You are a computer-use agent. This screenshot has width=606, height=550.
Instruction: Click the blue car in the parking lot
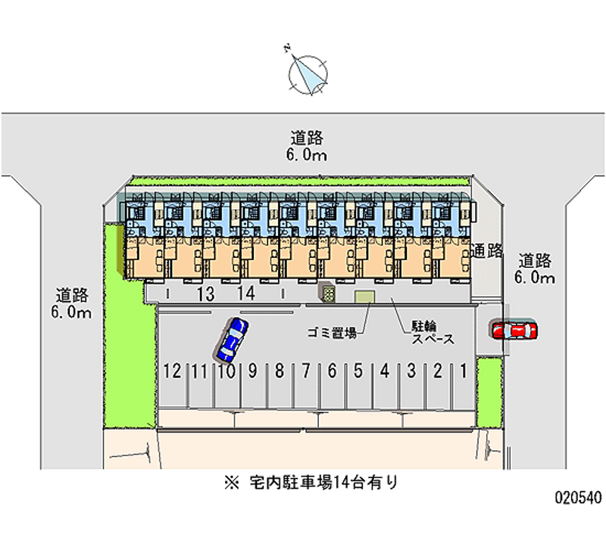coord(232,338)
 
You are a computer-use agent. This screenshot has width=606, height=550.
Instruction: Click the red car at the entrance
coord(514,331)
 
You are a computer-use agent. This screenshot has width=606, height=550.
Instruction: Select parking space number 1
coord(464,371)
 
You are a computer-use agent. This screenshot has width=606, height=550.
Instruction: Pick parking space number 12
coord(173,371)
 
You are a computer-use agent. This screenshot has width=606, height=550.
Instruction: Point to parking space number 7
coord(306,371)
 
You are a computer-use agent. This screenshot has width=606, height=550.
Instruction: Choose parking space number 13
coord(205,294)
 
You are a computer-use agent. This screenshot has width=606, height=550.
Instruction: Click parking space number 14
coord(246,294)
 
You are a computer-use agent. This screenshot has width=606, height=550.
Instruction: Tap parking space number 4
coord(385,371)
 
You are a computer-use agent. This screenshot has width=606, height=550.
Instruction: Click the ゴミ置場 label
coord(333,333)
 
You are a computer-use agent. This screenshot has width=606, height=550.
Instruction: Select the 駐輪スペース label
coord(433,333)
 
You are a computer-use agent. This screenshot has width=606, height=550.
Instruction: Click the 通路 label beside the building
coord(486,251)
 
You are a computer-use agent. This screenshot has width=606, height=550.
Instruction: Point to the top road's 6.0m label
coord(307,155)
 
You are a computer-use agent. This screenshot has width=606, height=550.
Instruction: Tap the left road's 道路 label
coord(72,295)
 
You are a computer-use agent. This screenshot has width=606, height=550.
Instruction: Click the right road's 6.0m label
coord(535,277)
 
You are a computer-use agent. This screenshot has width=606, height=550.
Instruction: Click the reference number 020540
coord(579,497)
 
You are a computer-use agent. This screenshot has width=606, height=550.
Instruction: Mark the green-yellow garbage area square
coord(364,297)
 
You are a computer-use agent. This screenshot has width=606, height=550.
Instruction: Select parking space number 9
coord(253,371)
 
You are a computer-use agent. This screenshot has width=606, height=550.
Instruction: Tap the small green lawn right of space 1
coord(489,393)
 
